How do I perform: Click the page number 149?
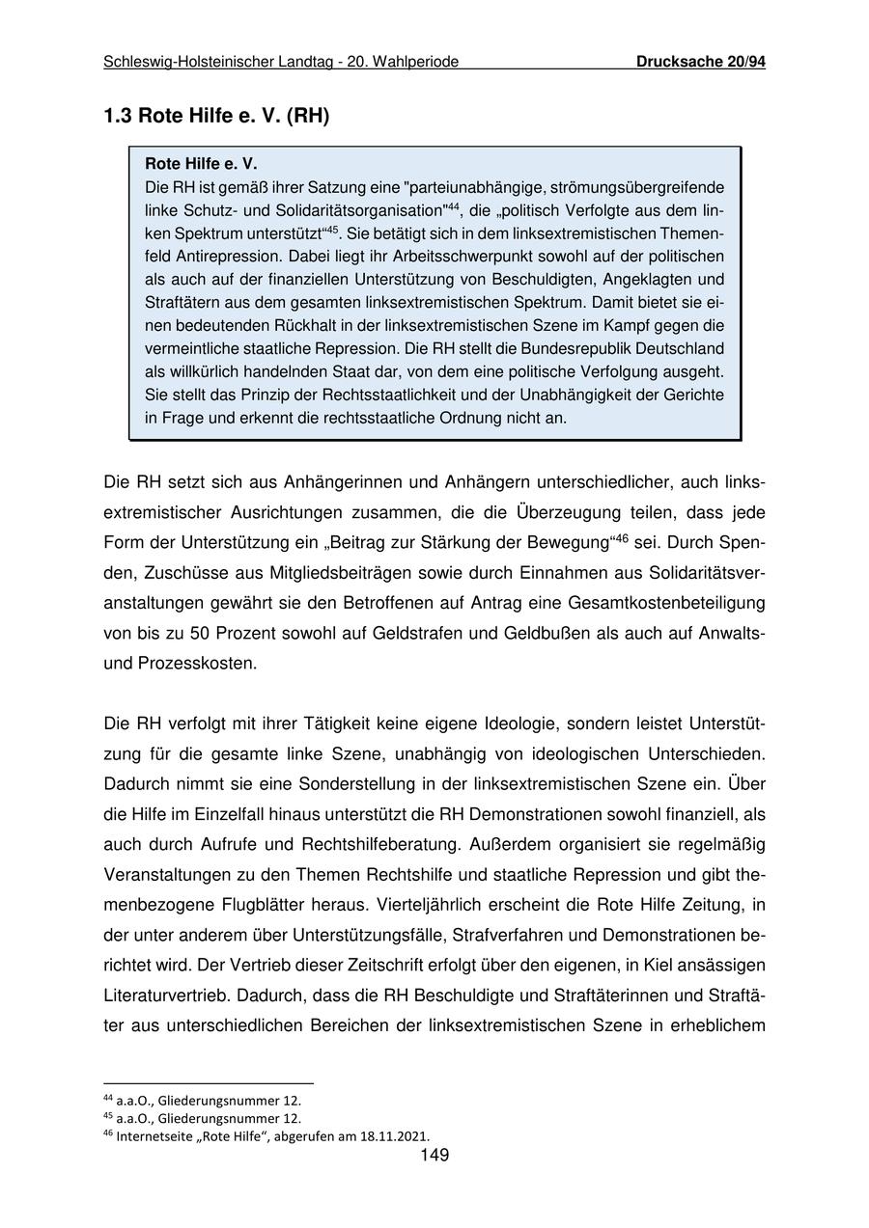434,1156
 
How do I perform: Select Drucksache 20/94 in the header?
700,62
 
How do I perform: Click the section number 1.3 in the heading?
119,117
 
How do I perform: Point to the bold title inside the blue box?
201,165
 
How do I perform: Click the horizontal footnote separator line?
209,1083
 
